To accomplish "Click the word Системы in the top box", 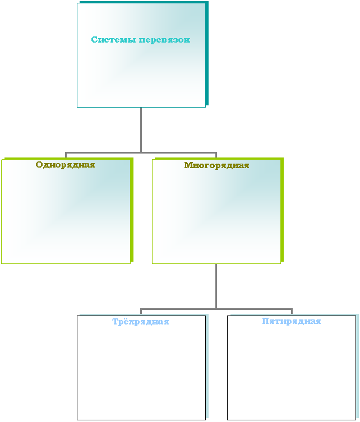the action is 113,40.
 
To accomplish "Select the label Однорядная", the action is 65,165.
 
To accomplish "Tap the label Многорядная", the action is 216,165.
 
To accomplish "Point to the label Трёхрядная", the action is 141,322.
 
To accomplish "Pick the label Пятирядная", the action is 292,321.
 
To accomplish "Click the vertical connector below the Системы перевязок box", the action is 141,130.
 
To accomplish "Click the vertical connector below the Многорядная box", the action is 216,286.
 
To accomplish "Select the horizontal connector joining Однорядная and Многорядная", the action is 141,153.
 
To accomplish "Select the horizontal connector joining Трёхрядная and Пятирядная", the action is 216,309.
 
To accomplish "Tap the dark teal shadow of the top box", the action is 207,53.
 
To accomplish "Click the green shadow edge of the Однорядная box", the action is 132,210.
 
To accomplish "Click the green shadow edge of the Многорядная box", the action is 282,210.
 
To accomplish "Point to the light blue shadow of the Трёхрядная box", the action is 207,366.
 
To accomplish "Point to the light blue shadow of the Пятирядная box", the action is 357,366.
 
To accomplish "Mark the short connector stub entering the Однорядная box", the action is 66,155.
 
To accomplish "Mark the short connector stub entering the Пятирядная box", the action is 292,312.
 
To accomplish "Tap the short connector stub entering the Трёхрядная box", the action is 141,312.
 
